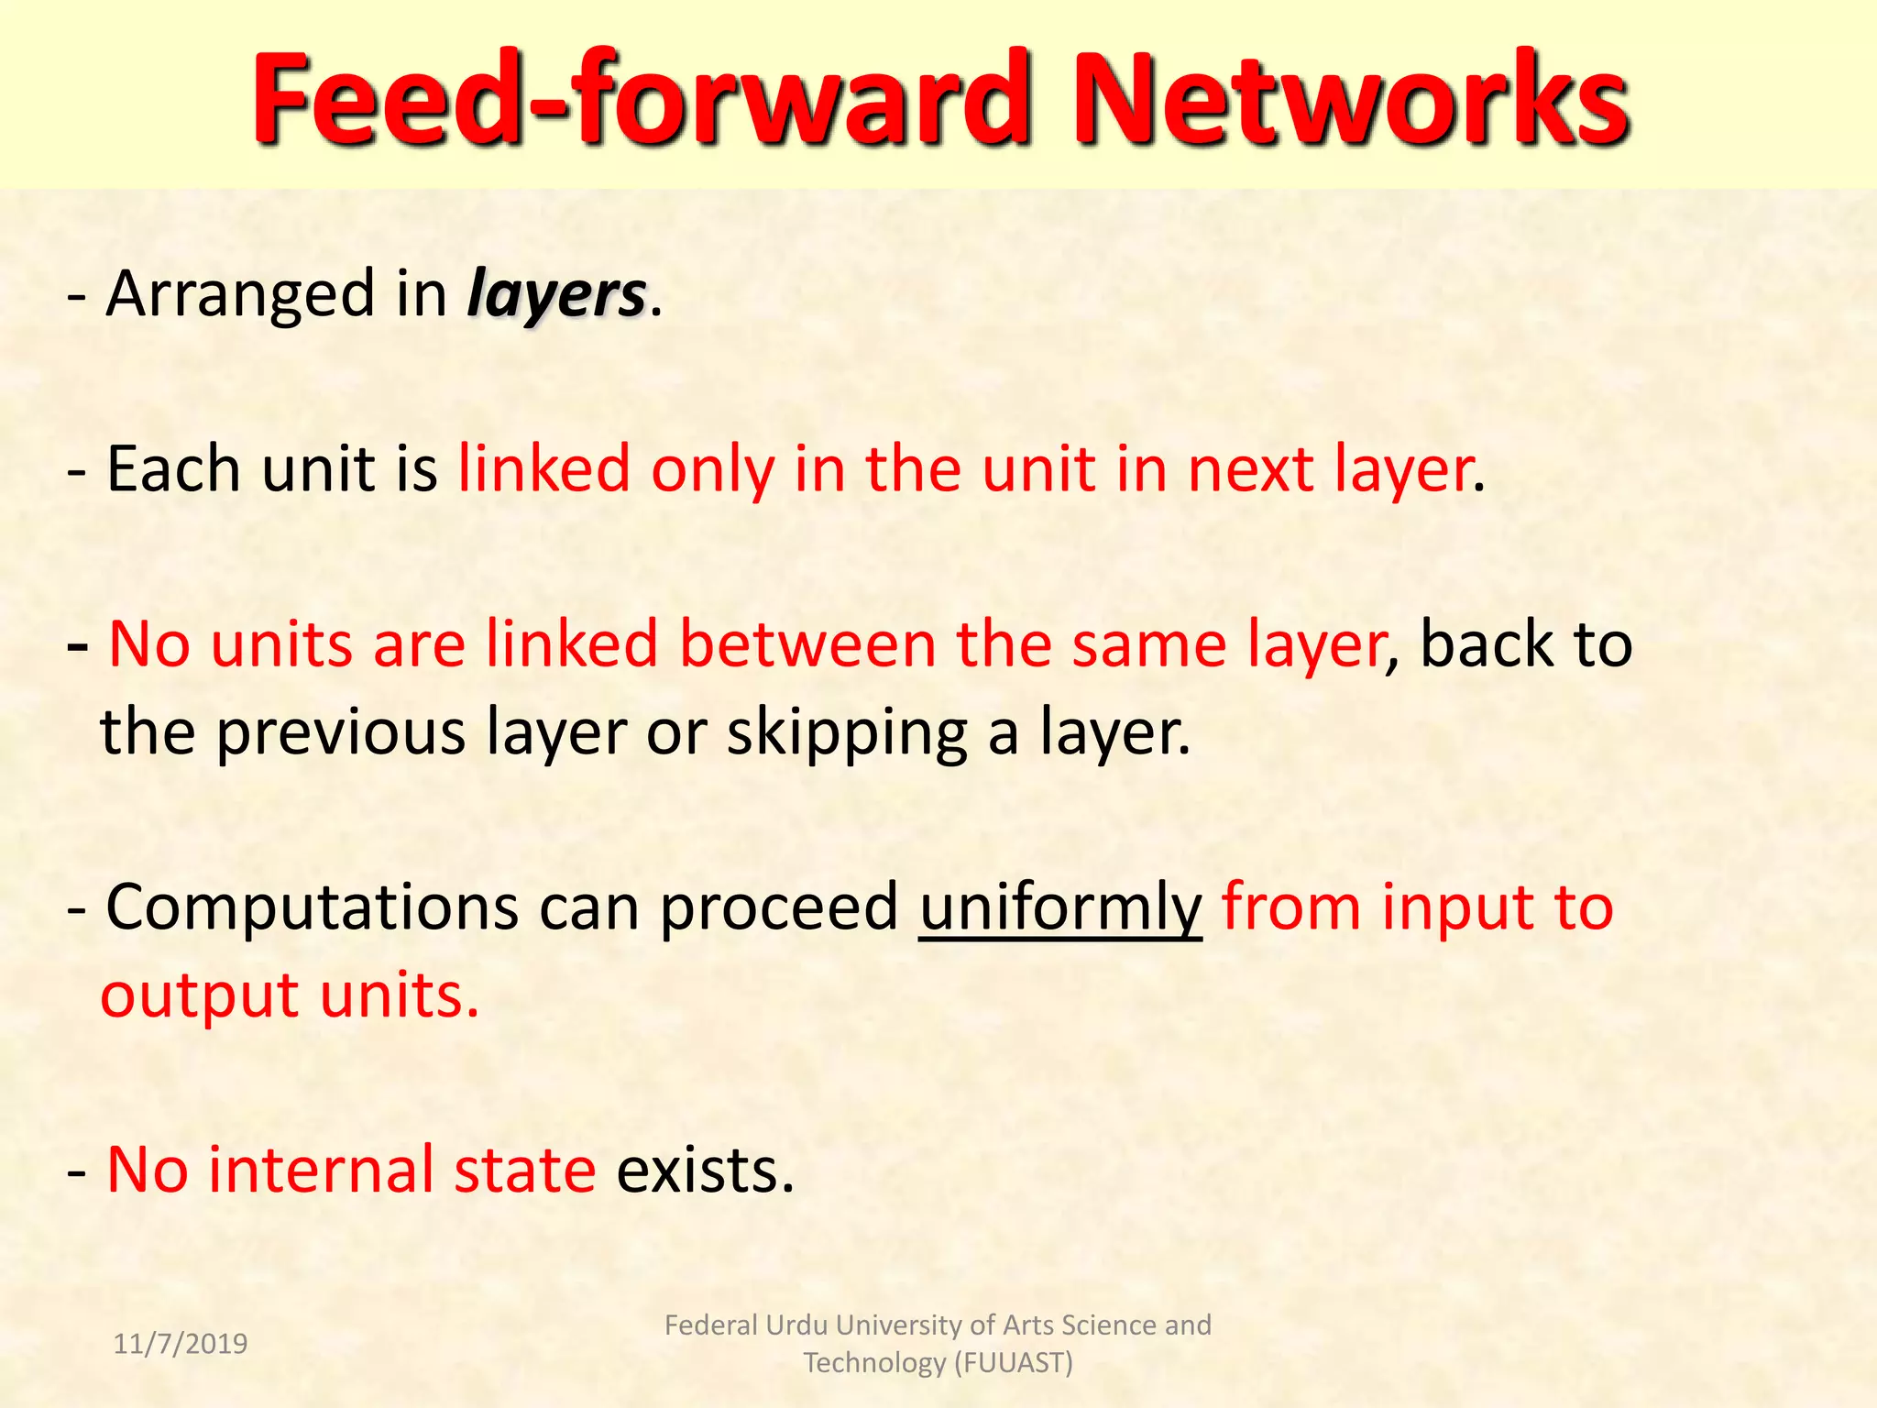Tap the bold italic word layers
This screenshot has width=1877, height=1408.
pos(557,296)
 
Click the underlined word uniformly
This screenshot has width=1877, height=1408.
pos(1060,907)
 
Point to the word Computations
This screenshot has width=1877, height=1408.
pos(313,907)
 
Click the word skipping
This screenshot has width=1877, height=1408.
pos(847,733)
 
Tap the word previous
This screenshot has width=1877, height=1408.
pos(341,733)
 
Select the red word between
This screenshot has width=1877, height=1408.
pos(807,643)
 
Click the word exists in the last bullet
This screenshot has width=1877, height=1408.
pos(704,1171)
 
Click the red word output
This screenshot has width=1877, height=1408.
pos(199,996)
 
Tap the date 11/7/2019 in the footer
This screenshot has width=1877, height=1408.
pos(181,1344)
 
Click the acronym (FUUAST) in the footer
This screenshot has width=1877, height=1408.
pos(1014,1363)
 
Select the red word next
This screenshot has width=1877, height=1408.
pos(1250,469)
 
